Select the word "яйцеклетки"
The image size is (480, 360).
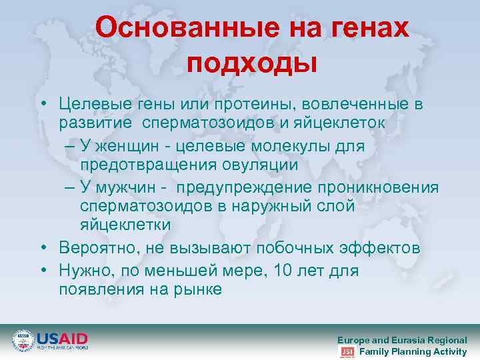coord(125,225)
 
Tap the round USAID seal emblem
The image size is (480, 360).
coord(23,341)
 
